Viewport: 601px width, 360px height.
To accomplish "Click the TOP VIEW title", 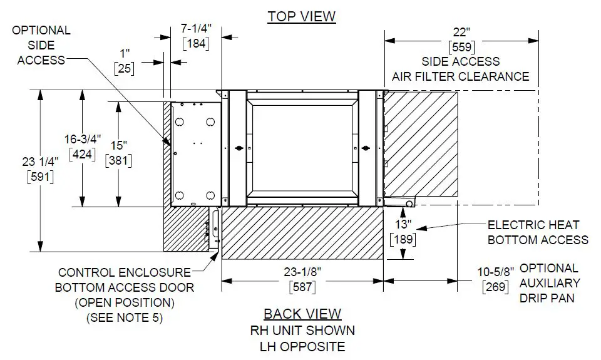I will (x=302, y=16).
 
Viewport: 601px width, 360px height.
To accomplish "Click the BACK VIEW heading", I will (x=302, y=314).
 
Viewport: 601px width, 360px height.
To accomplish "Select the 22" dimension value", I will (x=461, y=32).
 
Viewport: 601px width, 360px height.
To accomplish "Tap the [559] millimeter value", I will (x=461, y=46).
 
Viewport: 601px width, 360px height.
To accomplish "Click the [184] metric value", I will (x=195, y=44).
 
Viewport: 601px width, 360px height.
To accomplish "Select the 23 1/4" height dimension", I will (x=39, y=162).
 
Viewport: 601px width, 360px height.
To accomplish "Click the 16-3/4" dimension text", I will (x=79, y=139).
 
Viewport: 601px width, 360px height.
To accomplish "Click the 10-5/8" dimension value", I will (x=495, y=272).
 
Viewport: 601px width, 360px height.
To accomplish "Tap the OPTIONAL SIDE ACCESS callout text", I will (x=41, y=45).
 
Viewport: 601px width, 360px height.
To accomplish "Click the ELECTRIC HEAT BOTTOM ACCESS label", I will (x=538, y=232).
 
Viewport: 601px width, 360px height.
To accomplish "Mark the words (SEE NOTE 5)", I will (x=124, y=317).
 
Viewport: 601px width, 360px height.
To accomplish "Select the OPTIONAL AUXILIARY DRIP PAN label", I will (x=550, y=282).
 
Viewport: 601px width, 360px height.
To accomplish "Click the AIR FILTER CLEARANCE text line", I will (x=460, y=76).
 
